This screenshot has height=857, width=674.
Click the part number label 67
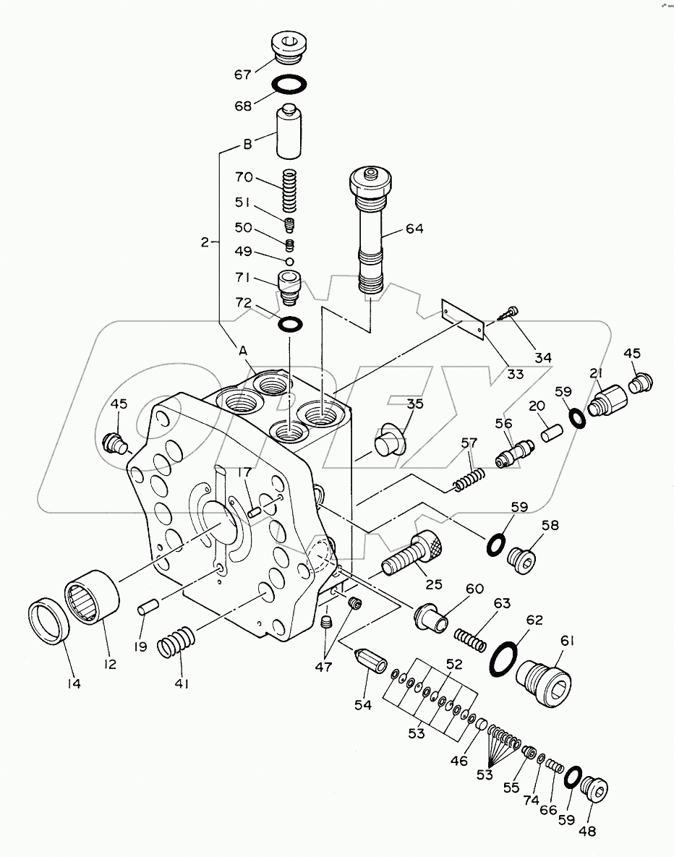pyautogui.click(x=242, y=74)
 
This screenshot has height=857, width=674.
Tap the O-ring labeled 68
pyautogui.click(x=290, y=85)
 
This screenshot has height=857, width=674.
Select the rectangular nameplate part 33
pyautogui.click(x=463, y=318)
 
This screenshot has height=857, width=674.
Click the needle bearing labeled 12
pyautogui.click(x=93, y=597)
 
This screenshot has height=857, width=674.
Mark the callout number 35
pyautogui.click(x=414, y=404)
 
